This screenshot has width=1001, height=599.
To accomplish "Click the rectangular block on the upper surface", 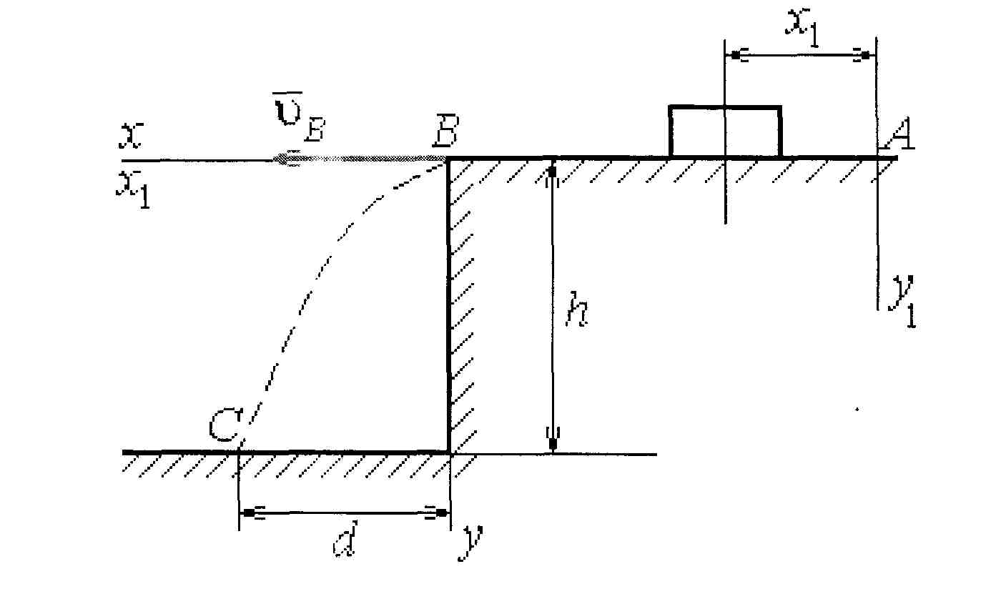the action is click(x=724, y=132).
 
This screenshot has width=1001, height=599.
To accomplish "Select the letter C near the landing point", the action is click(x=223, y=427).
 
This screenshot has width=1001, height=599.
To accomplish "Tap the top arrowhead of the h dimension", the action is click(x=552, y=174).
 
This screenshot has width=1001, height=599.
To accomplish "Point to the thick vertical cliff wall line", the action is click(x=449, y=307).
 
